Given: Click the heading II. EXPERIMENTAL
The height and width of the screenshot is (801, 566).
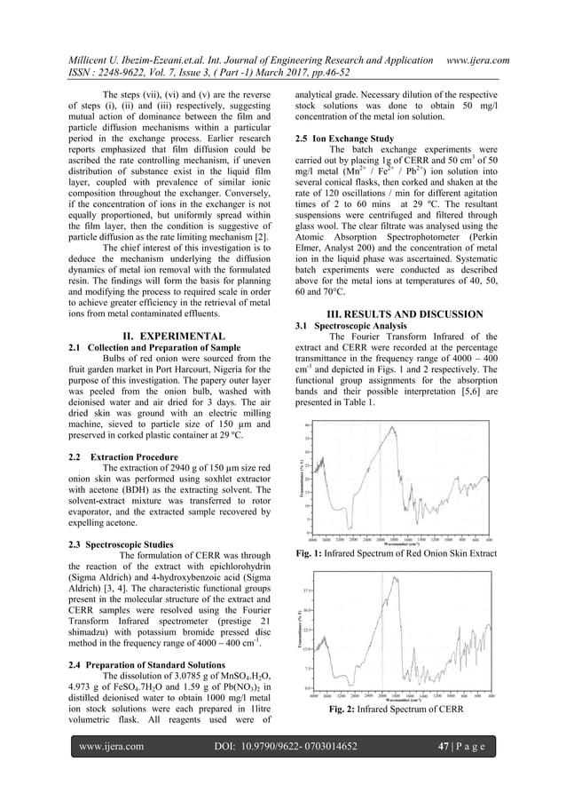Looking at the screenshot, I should [x=172, y=336].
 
